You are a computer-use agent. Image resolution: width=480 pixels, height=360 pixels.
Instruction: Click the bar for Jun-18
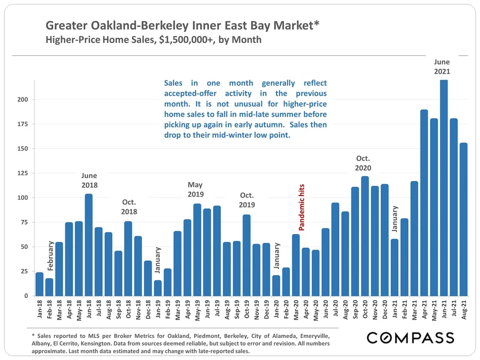89,245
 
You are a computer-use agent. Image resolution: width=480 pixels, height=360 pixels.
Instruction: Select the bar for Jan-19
158,288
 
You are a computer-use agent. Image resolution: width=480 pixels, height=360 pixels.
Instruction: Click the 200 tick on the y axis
24,100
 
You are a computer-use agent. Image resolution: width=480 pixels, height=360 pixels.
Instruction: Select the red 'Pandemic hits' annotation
302,207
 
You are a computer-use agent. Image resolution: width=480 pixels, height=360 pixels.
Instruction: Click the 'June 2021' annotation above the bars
442,67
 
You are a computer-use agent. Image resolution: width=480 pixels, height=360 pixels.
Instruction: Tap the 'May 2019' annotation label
195,190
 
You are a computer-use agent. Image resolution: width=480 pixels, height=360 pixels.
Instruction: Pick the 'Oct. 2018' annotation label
129,206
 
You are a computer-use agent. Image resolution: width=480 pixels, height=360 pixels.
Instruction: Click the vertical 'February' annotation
50,257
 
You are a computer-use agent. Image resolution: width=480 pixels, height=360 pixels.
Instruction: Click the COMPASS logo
410,337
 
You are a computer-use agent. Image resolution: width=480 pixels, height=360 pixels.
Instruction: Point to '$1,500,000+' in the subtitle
186,39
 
